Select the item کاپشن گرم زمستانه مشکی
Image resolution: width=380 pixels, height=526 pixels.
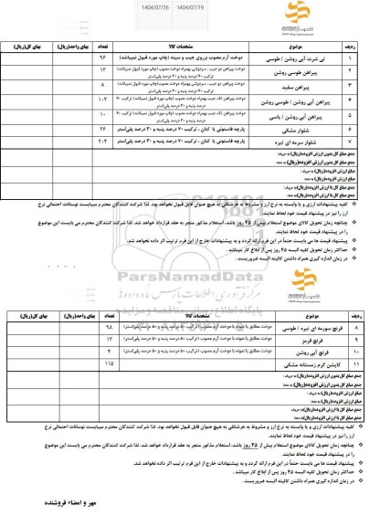click(x=290, y=338)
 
